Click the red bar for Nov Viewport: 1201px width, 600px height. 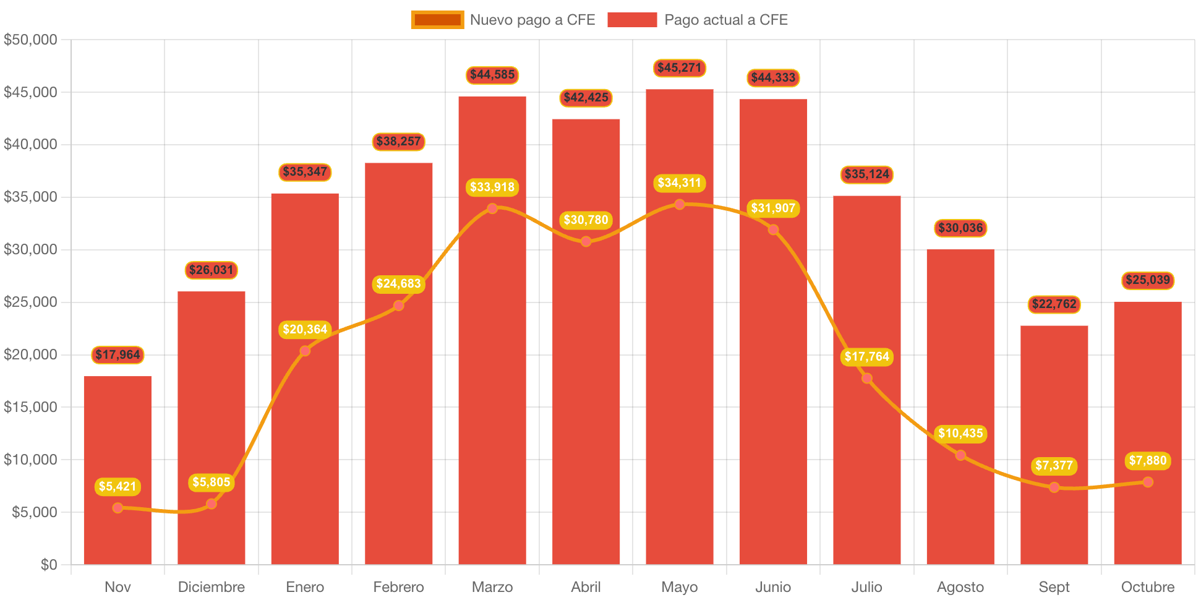pos(118,470)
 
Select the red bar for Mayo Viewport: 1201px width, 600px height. pos(679,371)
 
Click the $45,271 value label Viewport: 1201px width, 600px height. pos(679,68)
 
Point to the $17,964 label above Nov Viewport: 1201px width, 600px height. pos(118,355)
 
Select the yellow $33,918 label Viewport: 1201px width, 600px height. pos(492,187)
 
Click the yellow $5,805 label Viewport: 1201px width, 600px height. pos(211,482)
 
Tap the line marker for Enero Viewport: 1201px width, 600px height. pos(305,351)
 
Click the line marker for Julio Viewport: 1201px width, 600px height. pos(867,379)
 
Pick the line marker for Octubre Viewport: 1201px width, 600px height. pos(1148,482)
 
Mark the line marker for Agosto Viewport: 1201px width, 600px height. pos(960,455)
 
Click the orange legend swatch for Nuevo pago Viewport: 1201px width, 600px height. pos(437,20)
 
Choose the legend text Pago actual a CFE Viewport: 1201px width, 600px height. pos(726,20)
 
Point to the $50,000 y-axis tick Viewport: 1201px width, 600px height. pos(30,40)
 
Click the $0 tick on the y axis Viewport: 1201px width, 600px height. pos(49,564)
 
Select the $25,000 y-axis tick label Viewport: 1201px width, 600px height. pos(30,302)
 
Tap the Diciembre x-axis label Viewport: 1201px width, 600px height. pos(211,587)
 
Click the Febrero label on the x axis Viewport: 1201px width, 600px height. pos(398,587)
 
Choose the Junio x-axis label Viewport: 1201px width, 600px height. pos(773,587)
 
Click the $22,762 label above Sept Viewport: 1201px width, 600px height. pos(1054,304)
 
